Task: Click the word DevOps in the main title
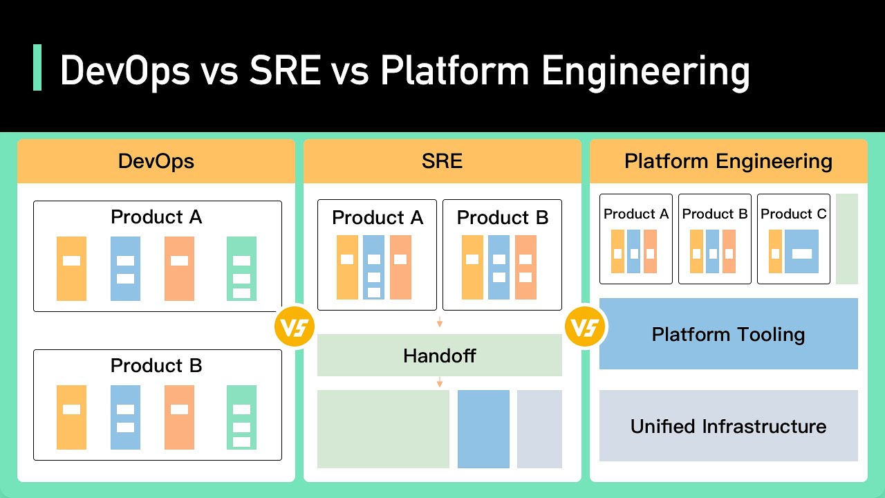[x=124, y=71]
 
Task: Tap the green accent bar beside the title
[x=37, y=68]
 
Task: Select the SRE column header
[x=442, y=162]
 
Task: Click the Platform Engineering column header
[x=728, y=162]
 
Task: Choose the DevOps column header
[x=156, y=162]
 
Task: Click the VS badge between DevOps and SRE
[x=295, y=326]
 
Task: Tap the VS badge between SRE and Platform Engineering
[x=585, y=326]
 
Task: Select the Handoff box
[x=439, y=356]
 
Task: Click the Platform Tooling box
[x=728, y=334]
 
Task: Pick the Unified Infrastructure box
[x=728, y=425]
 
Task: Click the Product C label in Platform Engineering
[x=793, y=214]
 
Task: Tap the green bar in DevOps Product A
[x=241, y=268]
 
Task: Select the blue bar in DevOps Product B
[x=125, y=417]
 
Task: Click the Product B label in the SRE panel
[x=502, y=218]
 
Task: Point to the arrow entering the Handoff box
[x=439, y=322]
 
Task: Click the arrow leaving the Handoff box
[x=439, y=382]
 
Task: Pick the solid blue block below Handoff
[x=483, y=429]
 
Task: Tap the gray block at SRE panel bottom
[x=539, y=429]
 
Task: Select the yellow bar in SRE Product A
[x=347, y=267]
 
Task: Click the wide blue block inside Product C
[x=801, y=252]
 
